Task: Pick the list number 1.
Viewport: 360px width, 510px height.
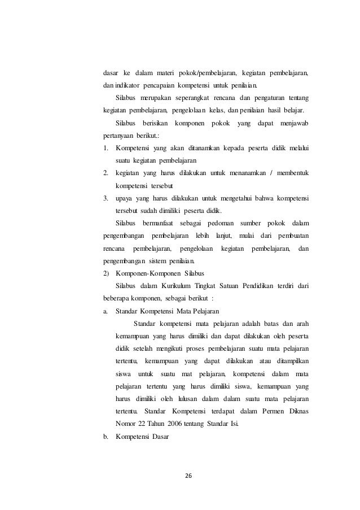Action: point(106,148)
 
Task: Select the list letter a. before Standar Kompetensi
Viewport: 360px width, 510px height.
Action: point(106,310)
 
